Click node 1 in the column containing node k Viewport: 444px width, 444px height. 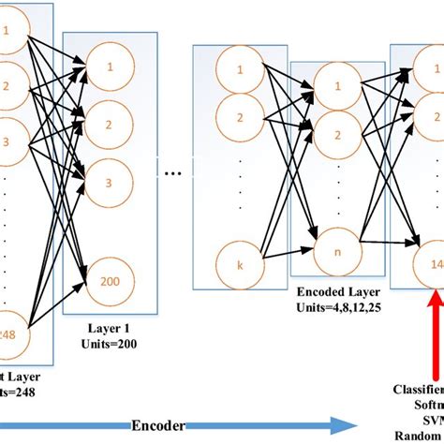[239, 70]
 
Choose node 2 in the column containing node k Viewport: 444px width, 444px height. [239, 117]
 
